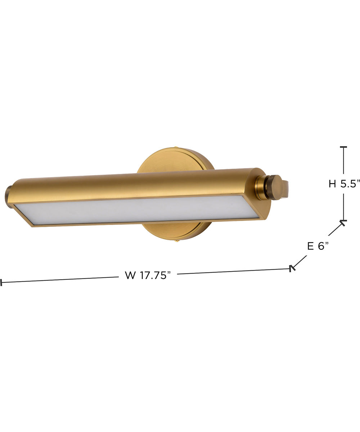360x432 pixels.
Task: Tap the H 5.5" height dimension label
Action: (344, 184)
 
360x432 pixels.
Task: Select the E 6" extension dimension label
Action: (318, 246)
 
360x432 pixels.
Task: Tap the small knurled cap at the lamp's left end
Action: (8, 197)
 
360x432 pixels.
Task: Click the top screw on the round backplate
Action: (176, 147)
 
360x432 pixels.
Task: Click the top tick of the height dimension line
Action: (343, 147)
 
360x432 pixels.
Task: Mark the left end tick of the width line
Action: (1, 283)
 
